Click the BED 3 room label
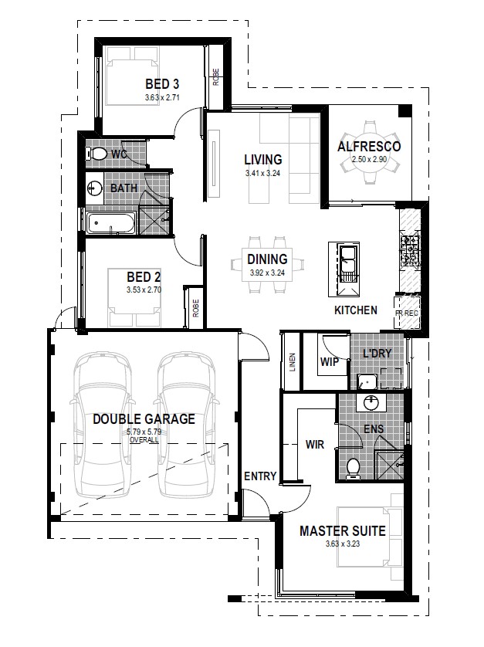(162, 84)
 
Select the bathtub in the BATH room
(111, 223)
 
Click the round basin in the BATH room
(94, 188)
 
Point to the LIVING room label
(262, 159)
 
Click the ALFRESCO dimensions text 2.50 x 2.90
(369, 159)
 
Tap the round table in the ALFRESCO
(370, 151)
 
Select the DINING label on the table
(267, 259)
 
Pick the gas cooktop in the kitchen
(410, 250)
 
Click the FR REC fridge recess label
(407, 313)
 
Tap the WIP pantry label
(330, 362)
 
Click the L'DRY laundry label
(377, 353)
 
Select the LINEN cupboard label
(292, 362)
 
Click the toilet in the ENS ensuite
(354, 469)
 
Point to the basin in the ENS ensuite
(371, 402)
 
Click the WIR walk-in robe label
(314, 445)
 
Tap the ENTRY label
(260, 476)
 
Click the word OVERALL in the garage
(144, 440)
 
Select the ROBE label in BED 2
(195, 308)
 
